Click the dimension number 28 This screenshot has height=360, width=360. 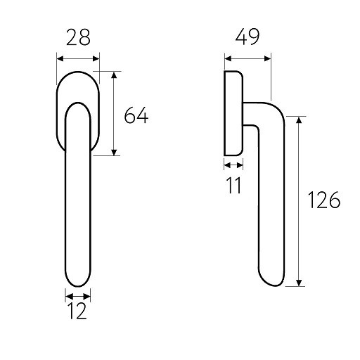click(x=78, y=37)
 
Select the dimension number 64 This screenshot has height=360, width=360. click(x=136, y=115)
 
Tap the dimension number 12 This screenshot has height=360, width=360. click(x=78, y=311)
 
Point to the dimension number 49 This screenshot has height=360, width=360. click(x=247, y=37)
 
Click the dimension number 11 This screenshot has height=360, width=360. click(x=234, y=185)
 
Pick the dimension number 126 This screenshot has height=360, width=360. click(x=324, y=200)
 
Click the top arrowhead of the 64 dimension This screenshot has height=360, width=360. click(x=114, y=75)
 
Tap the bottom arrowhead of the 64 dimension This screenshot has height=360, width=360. click(x=114, y=152)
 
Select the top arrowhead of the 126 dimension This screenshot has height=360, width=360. click(x=299, y=120)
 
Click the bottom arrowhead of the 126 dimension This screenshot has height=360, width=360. click(x=299, y=283)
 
